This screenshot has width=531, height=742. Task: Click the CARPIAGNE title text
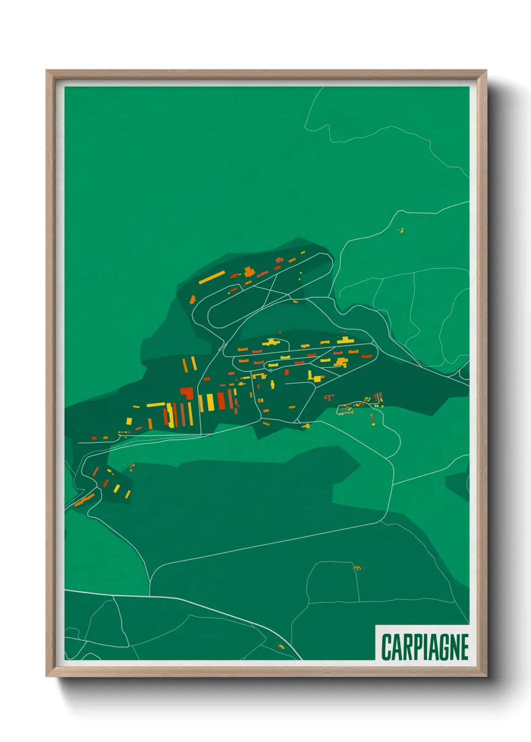click(x=425, y=647)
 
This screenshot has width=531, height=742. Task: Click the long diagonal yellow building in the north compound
click(x=212, y=277)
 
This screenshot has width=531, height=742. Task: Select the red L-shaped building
click(x=187, y=393)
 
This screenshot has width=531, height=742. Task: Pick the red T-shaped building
click(x=329, y=398)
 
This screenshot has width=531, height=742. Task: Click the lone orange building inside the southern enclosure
click(x=357, y=568)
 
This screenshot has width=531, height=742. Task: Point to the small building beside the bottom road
click(x=281, y=646)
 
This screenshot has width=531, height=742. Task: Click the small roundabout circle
click(x=271, y=370)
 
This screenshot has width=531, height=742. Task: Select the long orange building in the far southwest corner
click(x=85, y=500)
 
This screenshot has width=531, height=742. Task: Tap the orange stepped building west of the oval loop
click(x=192, y=299)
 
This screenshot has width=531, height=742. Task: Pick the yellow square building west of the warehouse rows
click(x=129, y=421)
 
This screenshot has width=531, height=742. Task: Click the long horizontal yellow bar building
click(x=156, y=405)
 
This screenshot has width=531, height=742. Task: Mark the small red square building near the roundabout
click(x=287, y=372)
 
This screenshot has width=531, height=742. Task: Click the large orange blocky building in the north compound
click(x=248, y=272)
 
